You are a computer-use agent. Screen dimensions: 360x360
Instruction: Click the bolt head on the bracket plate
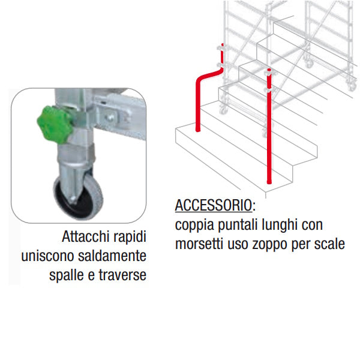110,118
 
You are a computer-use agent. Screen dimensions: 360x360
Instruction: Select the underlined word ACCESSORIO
214,205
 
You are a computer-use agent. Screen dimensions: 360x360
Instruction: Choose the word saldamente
112,256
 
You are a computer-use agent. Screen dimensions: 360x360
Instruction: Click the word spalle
67,275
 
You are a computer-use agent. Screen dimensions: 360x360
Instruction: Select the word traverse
122,275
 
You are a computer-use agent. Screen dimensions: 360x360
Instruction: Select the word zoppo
270,245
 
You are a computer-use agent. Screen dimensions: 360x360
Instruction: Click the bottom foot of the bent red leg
197,130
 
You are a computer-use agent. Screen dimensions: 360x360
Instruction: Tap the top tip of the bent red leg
222,44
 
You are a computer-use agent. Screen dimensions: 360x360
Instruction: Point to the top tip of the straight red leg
269,70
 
